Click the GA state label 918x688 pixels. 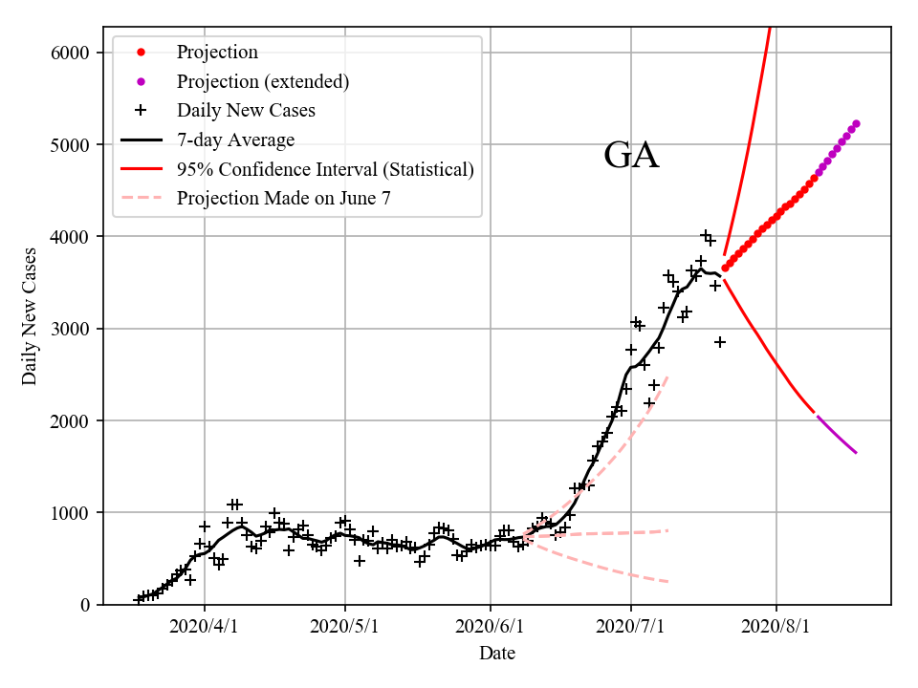pyautogui.click(x=631, y=156)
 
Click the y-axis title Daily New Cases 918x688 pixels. pyautogui.click(x=30, y=316)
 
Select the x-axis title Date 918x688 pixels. pyautogui.click(x=497, y=654)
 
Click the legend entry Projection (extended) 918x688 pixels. pyautogui.click(x=262, y=81)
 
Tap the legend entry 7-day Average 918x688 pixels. pyautogui.click(x=235, y=140)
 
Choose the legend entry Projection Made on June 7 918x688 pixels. pyautogui.click(x=283, y=199)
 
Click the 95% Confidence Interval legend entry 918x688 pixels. pyautogui.click(x=325, y=170)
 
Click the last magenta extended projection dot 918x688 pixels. pyautogui.click(x=856, y=123)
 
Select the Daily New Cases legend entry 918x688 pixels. pyautogui.click(x=246, y=111)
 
